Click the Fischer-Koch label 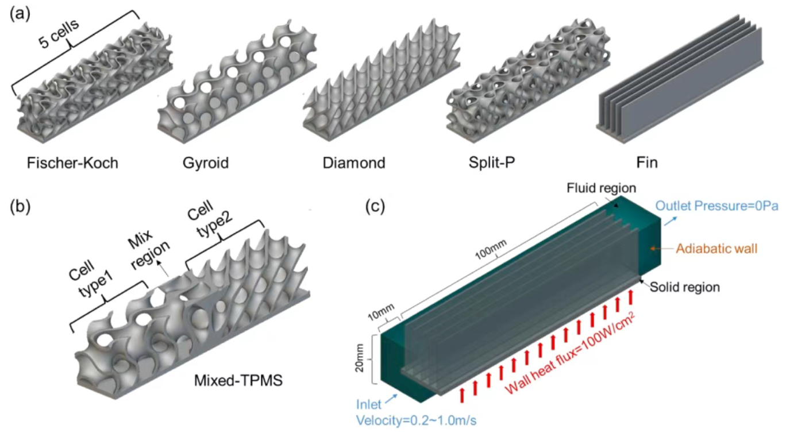click(x=72, y=163)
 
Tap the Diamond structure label click(x=353, y=163)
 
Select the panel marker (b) click(x=20, y=204)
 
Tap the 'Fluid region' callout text click(x=600, y=188)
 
